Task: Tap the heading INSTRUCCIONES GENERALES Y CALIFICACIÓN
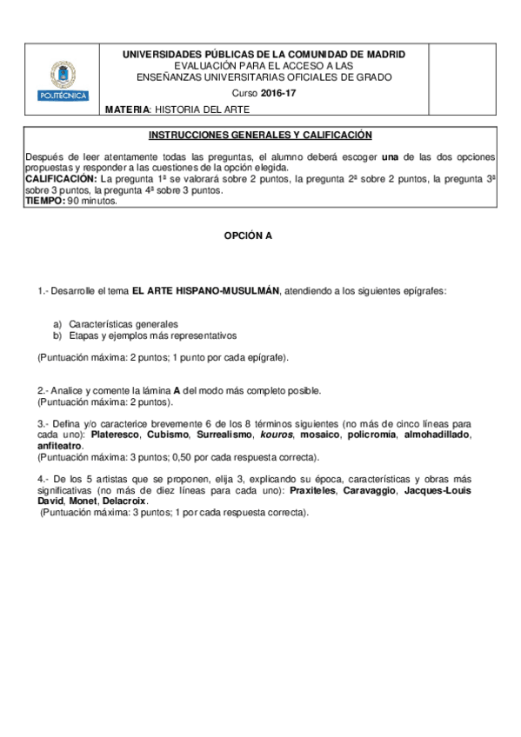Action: click(261, 135)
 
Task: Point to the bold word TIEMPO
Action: click(45, 200)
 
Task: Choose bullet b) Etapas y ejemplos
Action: click(144, 335)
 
